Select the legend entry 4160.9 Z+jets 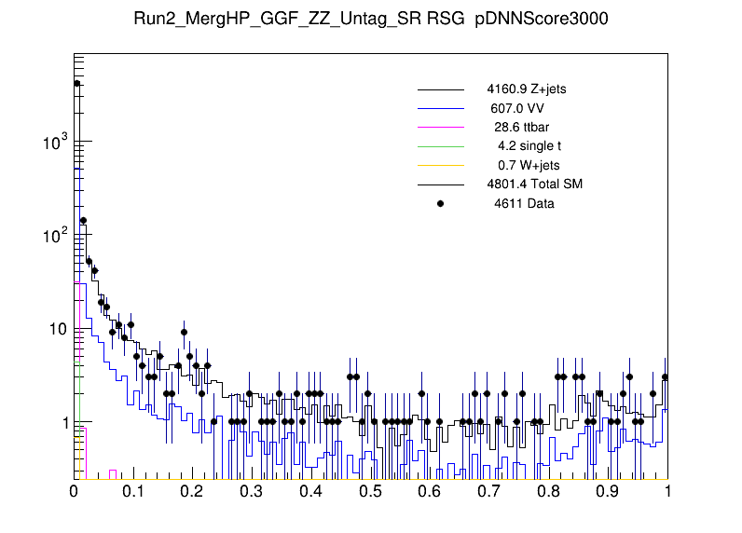tap(526, 90)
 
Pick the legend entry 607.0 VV tap(517, 108)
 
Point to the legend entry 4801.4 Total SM tap(534, 184)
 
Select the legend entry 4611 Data tap(524, 202)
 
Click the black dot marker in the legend tap(440, 202)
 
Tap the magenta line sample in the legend tap(440, 127)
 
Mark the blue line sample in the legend tap(440, 108)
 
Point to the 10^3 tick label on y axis tap(56, 143)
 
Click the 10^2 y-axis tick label tap(56, 236)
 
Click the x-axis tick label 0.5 tap(371, 491)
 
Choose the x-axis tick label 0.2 tap(193, 491)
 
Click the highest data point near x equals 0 tap(77, 83)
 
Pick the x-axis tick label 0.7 tap(489, 491)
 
